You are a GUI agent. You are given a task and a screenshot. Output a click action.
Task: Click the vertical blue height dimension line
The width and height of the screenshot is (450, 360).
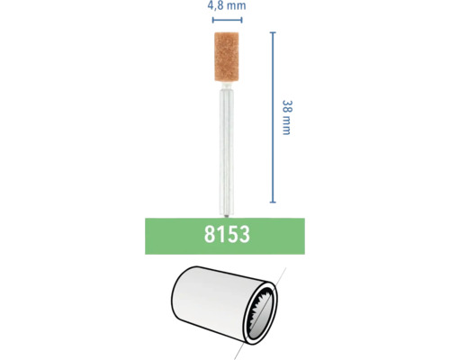pyautogui.click(x=272, y=118)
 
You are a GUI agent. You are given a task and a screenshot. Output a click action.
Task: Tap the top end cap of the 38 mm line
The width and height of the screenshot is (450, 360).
pyautogui.click(x=272, y=32)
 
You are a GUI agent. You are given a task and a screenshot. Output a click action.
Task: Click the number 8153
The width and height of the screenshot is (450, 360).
pyautogui.click(x=224, y=237)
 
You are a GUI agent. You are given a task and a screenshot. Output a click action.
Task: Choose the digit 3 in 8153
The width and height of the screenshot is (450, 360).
pyautogui.click(x=244, y=237)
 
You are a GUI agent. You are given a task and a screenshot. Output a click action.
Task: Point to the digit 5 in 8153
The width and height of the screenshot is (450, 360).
pyautogui.click(x=230, y=237)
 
